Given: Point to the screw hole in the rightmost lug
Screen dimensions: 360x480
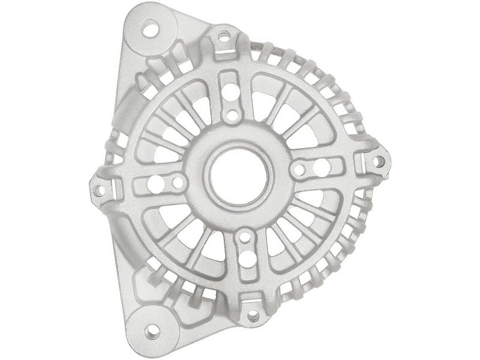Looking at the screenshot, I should pos(378,161).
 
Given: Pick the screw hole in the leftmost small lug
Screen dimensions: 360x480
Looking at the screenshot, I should pos(100,190).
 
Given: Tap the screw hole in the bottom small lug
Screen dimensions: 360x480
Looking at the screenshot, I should pos(253,316).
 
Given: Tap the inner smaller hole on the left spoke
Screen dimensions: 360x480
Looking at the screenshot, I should pos(178,182).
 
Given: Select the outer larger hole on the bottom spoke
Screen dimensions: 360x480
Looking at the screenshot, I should pos(247,259).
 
